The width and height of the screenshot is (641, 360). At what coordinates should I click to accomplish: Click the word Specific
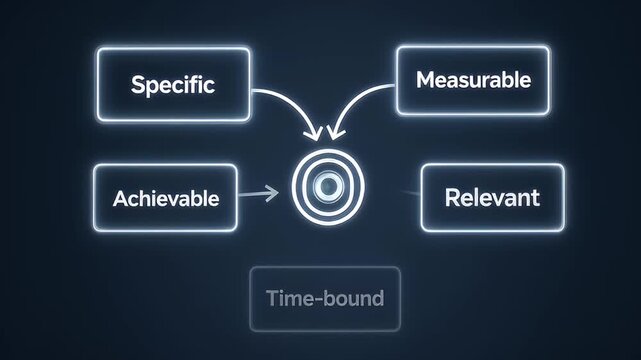click(x=172, y=84)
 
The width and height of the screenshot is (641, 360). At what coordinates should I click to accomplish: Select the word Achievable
click(x=166, y=197)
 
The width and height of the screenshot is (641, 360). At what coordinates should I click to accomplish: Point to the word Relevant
click(x=491, y=196)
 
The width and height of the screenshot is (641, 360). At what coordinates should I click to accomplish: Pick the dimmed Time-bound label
click(x=325, y=298)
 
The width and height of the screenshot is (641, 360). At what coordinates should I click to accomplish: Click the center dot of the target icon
click(x=326, y=185)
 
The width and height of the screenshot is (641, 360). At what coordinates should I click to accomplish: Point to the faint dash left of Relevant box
click(x=407, y=191)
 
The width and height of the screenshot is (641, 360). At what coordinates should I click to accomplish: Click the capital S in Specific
click(x=137, y=84)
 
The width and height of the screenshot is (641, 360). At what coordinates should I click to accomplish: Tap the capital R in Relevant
click(x=451, y=196)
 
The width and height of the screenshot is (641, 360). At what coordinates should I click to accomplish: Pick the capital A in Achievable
click(x=119, y=197)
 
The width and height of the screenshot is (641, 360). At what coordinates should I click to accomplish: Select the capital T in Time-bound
click(x=272, y=298)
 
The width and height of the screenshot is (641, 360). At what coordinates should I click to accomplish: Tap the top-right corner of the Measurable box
click(x=549, y=48)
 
